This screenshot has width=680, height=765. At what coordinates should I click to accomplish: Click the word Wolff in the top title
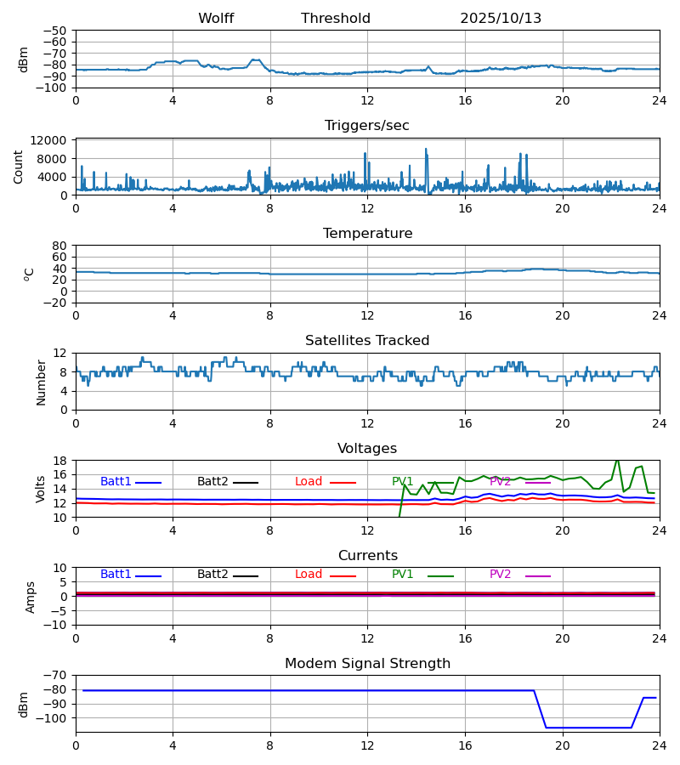pyautogui.click(x=216, y=19)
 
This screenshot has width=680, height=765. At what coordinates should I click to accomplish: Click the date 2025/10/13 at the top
pyautogui.click(x=501, y=19)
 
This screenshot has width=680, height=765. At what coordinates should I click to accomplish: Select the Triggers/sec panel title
pyautogui.click(x=367, y=126)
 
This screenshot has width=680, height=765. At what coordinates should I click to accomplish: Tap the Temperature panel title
pyautogui.click(x=367, y=234)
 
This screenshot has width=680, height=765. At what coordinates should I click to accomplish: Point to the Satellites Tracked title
pyautogui.click(x=367, y=341)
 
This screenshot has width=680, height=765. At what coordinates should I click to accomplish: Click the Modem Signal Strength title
pyautogui.click(x=367, y=664)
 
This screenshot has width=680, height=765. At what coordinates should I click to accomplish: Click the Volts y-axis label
pyautogui.click(x=41, y=489)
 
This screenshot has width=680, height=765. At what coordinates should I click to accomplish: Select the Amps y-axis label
pyautogui.click(x=31, y=597)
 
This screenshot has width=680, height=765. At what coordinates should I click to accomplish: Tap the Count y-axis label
pyautogui.click(x=19, y=167)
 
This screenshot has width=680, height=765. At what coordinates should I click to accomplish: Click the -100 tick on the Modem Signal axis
pyautogui.click(x=52, y=718)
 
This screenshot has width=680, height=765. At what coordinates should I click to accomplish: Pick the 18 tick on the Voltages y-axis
pyautogui.click(x=60, y=461)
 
